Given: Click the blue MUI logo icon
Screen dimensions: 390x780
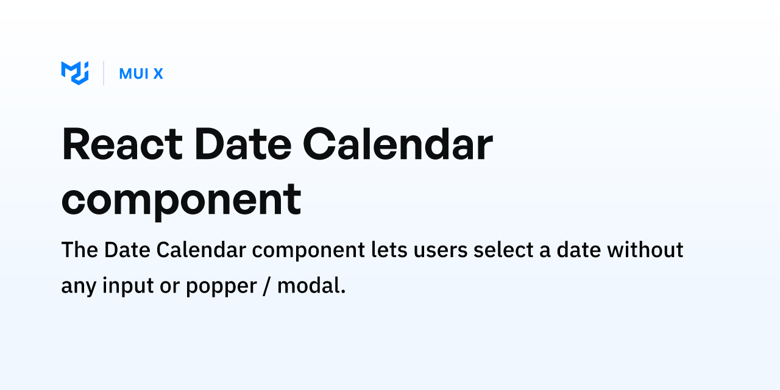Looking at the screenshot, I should [x=75, y=73].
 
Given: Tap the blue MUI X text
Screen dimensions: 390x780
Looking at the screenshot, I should [x=141, y=74].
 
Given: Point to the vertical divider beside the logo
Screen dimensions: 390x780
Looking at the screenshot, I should [x=104, y=73].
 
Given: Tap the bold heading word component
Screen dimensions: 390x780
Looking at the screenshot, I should [x=181, y=199].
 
